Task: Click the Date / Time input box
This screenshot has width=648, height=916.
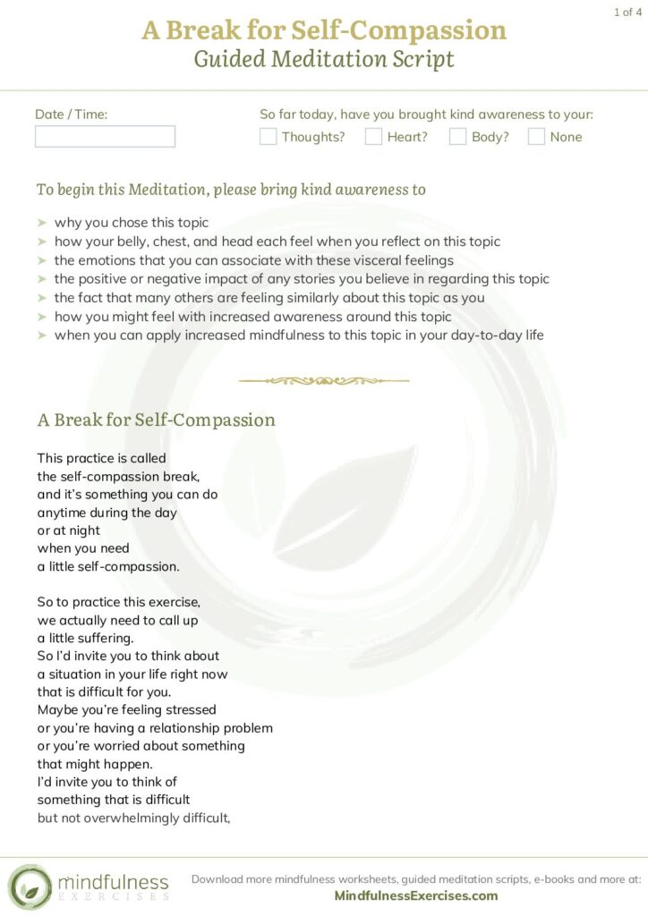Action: pos(105,136)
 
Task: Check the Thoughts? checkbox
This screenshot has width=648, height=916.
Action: pos(268,137)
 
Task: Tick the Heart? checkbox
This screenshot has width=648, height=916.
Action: pos(373,137)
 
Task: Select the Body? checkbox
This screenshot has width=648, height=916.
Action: pos(457,137)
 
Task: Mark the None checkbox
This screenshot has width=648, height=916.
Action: pos(536,137)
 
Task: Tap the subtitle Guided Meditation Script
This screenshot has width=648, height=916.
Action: pos(324,60)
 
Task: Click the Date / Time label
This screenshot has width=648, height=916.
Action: pos(71,114)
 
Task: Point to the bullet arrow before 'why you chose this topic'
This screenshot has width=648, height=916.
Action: pos(42,223)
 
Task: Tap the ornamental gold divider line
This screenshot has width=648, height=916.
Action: pos(324,380)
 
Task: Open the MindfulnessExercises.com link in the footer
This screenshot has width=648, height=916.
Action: pos(416,895)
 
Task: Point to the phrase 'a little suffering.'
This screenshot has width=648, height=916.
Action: pos(85,638)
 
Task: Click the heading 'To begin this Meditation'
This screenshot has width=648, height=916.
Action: pos(125,190)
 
